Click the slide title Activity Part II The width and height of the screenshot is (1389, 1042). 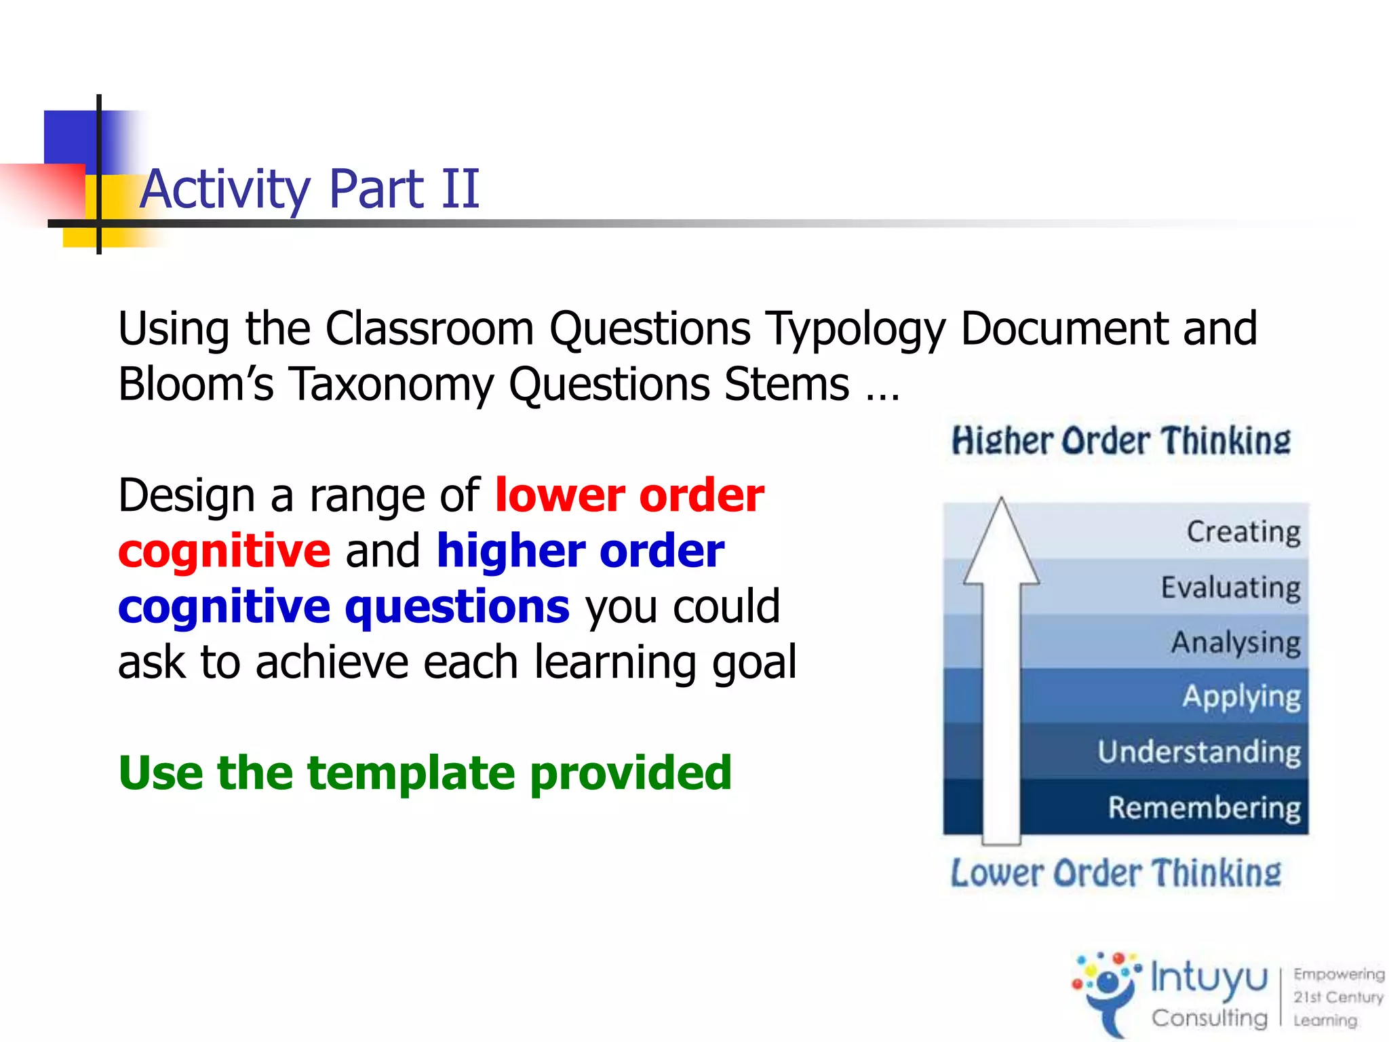309,189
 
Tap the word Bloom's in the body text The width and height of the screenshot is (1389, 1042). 195,385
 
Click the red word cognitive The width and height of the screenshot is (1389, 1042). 224,550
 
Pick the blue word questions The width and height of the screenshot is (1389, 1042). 457,606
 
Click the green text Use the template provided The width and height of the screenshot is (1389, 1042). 425,773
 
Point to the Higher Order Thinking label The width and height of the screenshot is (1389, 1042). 1120,441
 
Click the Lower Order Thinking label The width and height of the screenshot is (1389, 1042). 1116,873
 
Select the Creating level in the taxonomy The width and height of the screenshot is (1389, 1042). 1243,531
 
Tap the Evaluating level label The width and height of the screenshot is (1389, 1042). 1230,587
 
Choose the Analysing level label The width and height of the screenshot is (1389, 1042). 1235,642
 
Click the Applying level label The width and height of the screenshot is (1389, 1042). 1241,697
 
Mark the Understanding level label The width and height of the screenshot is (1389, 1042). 1198,752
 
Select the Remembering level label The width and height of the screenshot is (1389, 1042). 1204,807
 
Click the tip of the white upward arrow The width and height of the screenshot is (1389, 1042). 1001,502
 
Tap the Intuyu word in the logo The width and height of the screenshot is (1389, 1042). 1209,978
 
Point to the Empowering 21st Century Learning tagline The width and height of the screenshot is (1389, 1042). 1337,997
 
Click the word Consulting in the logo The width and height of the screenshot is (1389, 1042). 1209,1018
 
